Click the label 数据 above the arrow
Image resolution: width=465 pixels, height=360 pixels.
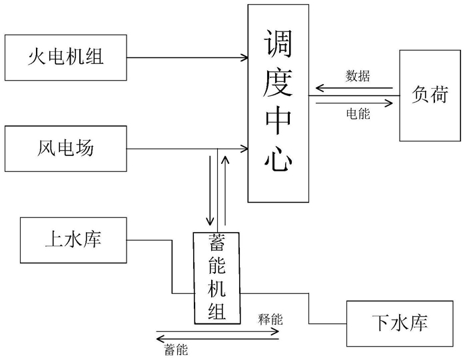click(358, 76)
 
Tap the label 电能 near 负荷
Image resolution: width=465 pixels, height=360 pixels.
click(358, 113)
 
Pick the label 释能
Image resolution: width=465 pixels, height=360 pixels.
click(270, 319)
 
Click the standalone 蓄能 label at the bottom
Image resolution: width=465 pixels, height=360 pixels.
click(176, 350)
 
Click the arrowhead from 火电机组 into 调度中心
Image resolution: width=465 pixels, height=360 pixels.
click(244, 57)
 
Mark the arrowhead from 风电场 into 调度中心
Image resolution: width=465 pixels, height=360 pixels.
click(244, 149)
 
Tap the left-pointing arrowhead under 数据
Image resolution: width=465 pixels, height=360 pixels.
click(320, 88)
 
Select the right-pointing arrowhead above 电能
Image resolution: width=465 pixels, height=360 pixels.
click(389, 103)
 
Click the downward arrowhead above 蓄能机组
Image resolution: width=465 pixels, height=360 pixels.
click(210, 221)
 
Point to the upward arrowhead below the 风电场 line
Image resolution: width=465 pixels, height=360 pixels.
click(225, 160)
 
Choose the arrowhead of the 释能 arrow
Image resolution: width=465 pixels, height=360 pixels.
click(275, 331)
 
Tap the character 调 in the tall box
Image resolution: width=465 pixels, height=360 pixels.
click(278, 43)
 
